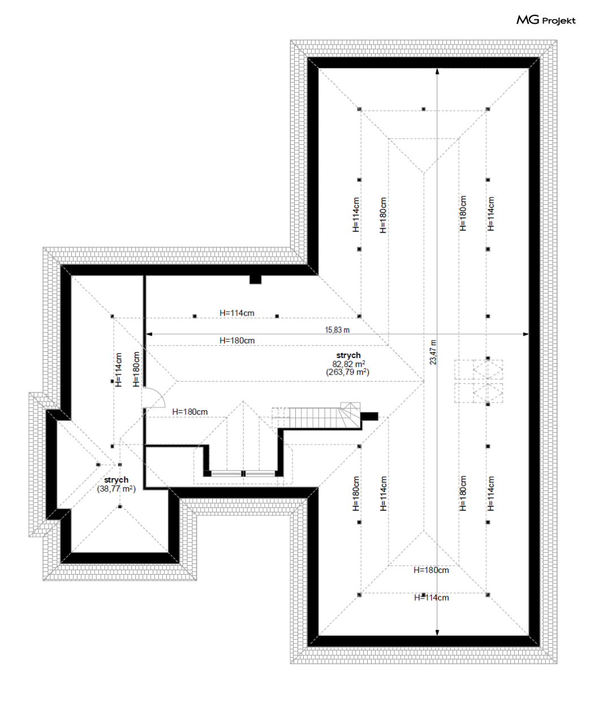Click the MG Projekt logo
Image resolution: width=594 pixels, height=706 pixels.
click(x=546, y=20)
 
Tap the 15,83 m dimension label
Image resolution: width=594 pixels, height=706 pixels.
click(x=337, y=330)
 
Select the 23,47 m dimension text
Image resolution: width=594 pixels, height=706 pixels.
click(x=433, y=352)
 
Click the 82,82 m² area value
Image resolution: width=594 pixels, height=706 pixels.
click(x=348, y=364)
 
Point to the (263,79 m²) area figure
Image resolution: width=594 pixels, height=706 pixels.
click(x=347, y=372)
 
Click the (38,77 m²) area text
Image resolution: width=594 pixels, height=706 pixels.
click(x=117, y=489)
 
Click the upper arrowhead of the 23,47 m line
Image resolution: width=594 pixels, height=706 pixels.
click(x=437, y=71)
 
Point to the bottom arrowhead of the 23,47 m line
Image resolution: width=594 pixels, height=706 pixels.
click(x=437, y=632)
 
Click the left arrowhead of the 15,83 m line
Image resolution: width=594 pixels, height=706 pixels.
click(x=149, y=334)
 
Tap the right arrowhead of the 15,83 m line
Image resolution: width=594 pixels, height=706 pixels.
click(x=526, y=334)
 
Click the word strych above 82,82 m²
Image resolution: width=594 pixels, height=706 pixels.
click(x=348, y=355)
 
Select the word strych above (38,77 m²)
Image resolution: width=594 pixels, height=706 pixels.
click(x=117, y=480)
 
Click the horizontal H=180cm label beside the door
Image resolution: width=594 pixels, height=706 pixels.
click(x=190, y=412)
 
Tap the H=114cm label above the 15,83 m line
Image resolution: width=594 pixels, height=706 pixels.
click(x=237, y=313)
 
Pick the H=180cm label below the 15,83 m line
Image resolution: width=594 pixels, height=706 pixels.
click(x=237, y=341)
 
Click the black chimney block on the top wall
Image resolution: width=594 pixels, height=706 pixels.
click(x=256, y=279)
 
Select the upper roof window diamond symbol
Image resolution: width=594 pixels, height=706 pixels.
click(x=488, y=369)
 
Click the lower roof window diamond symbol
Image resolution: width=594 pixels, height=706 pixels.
click(x=488, y=393)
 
